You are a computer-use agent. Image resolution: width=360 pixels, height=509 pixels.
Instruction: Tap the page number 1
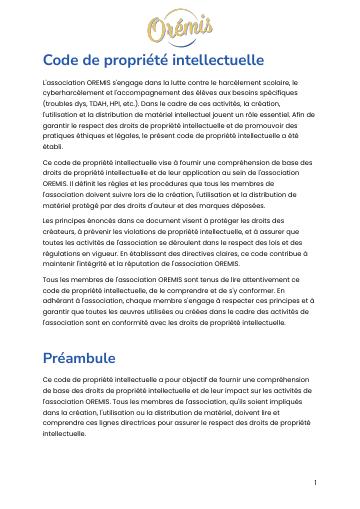(315, 482)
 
